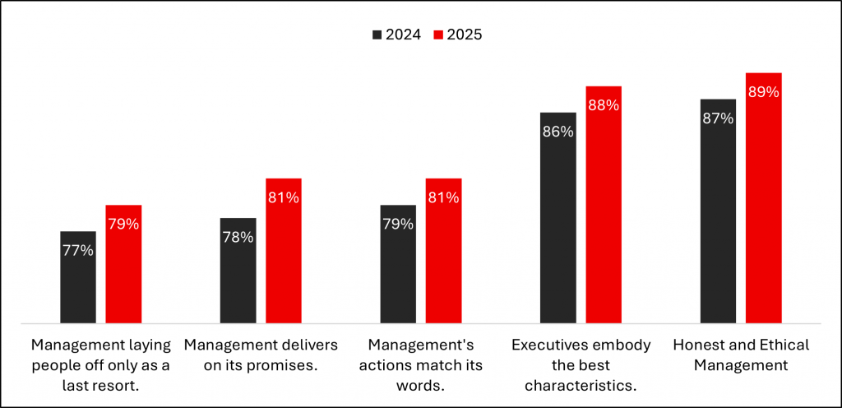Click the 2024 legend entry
[397, 35]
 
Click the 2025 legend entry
[458, 35]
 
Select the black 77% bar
[78, 277]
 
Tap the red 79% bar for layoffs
[123, 264]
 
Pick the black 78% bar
[238, 271]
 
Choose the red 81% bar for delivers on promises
[284, 251]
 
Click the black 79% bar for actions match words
[398, 264]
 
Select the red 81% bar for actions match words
[443, 251]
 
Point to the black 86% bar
[558, 218]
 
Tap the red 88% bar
[604, 205]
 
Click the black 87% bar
[718, 211]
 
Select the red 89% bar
[763, 198]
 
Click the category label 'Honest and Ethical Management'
[740, 355]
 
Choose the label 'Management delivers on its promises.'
[261, 355]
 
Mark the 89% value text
[763, 92]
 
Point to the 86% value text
[558, 132]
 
